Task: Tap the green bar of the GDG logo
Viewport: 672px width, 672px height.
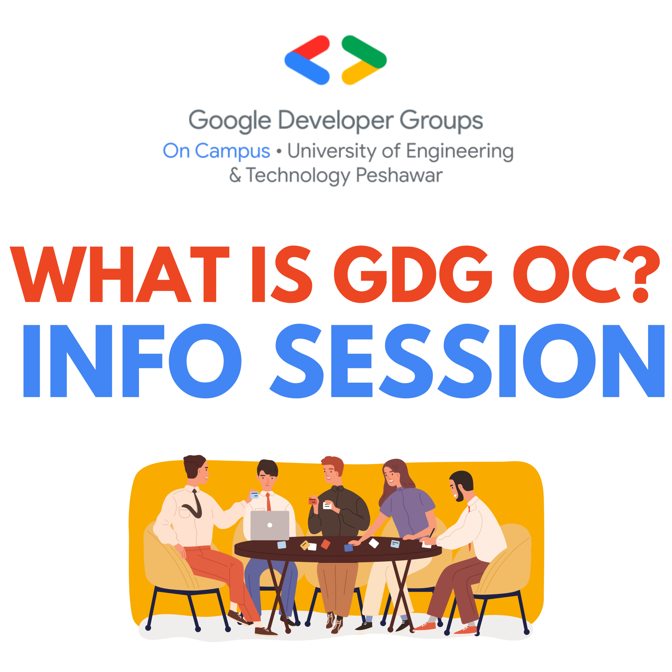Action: tap(363, 50)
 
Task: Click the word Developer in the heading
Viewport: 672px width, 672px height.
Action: tap(336, 120)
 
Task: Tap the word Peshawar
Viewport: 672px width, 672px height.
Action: tap(399, 175)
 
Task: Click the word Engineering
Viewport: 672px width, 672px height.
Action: tap(460, 152)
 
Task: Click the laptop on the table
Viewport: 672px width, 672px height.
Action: tap(269, 525)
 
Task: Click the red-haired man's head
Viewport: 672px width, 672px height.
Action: tap(332, 469)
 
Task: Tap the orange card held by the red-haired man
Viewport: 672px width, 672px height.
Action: tap(312, 501)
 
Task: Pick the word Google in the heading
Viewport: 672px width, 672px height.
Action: tap(230, 120)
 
